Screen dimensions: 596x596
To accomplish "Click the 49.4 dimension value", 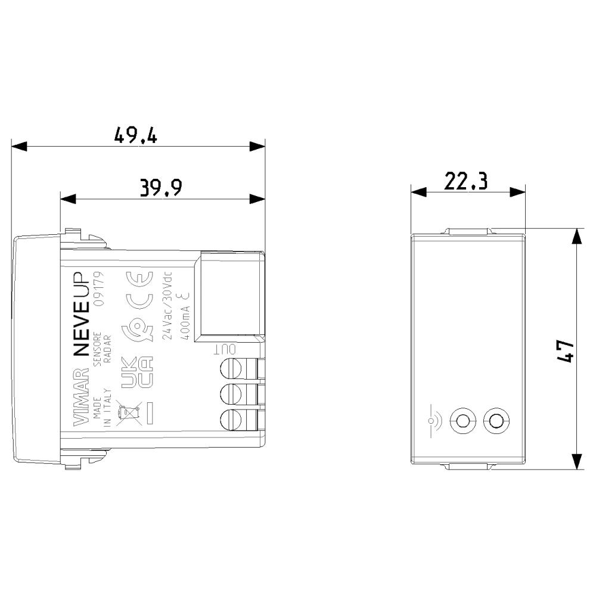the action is [136, 135].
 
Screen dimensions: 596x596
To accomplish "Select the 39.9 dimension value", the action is [161, 187].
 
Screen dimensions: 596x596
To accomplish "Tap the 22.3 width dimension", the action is [465, 181].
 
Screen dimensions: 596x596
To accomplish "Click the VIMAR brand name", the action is [80, 396].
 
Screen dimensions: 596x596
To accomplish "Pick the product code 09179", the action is [99, 289].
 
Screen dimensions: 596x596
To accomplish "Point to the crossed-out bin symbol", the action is [129, 413].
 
